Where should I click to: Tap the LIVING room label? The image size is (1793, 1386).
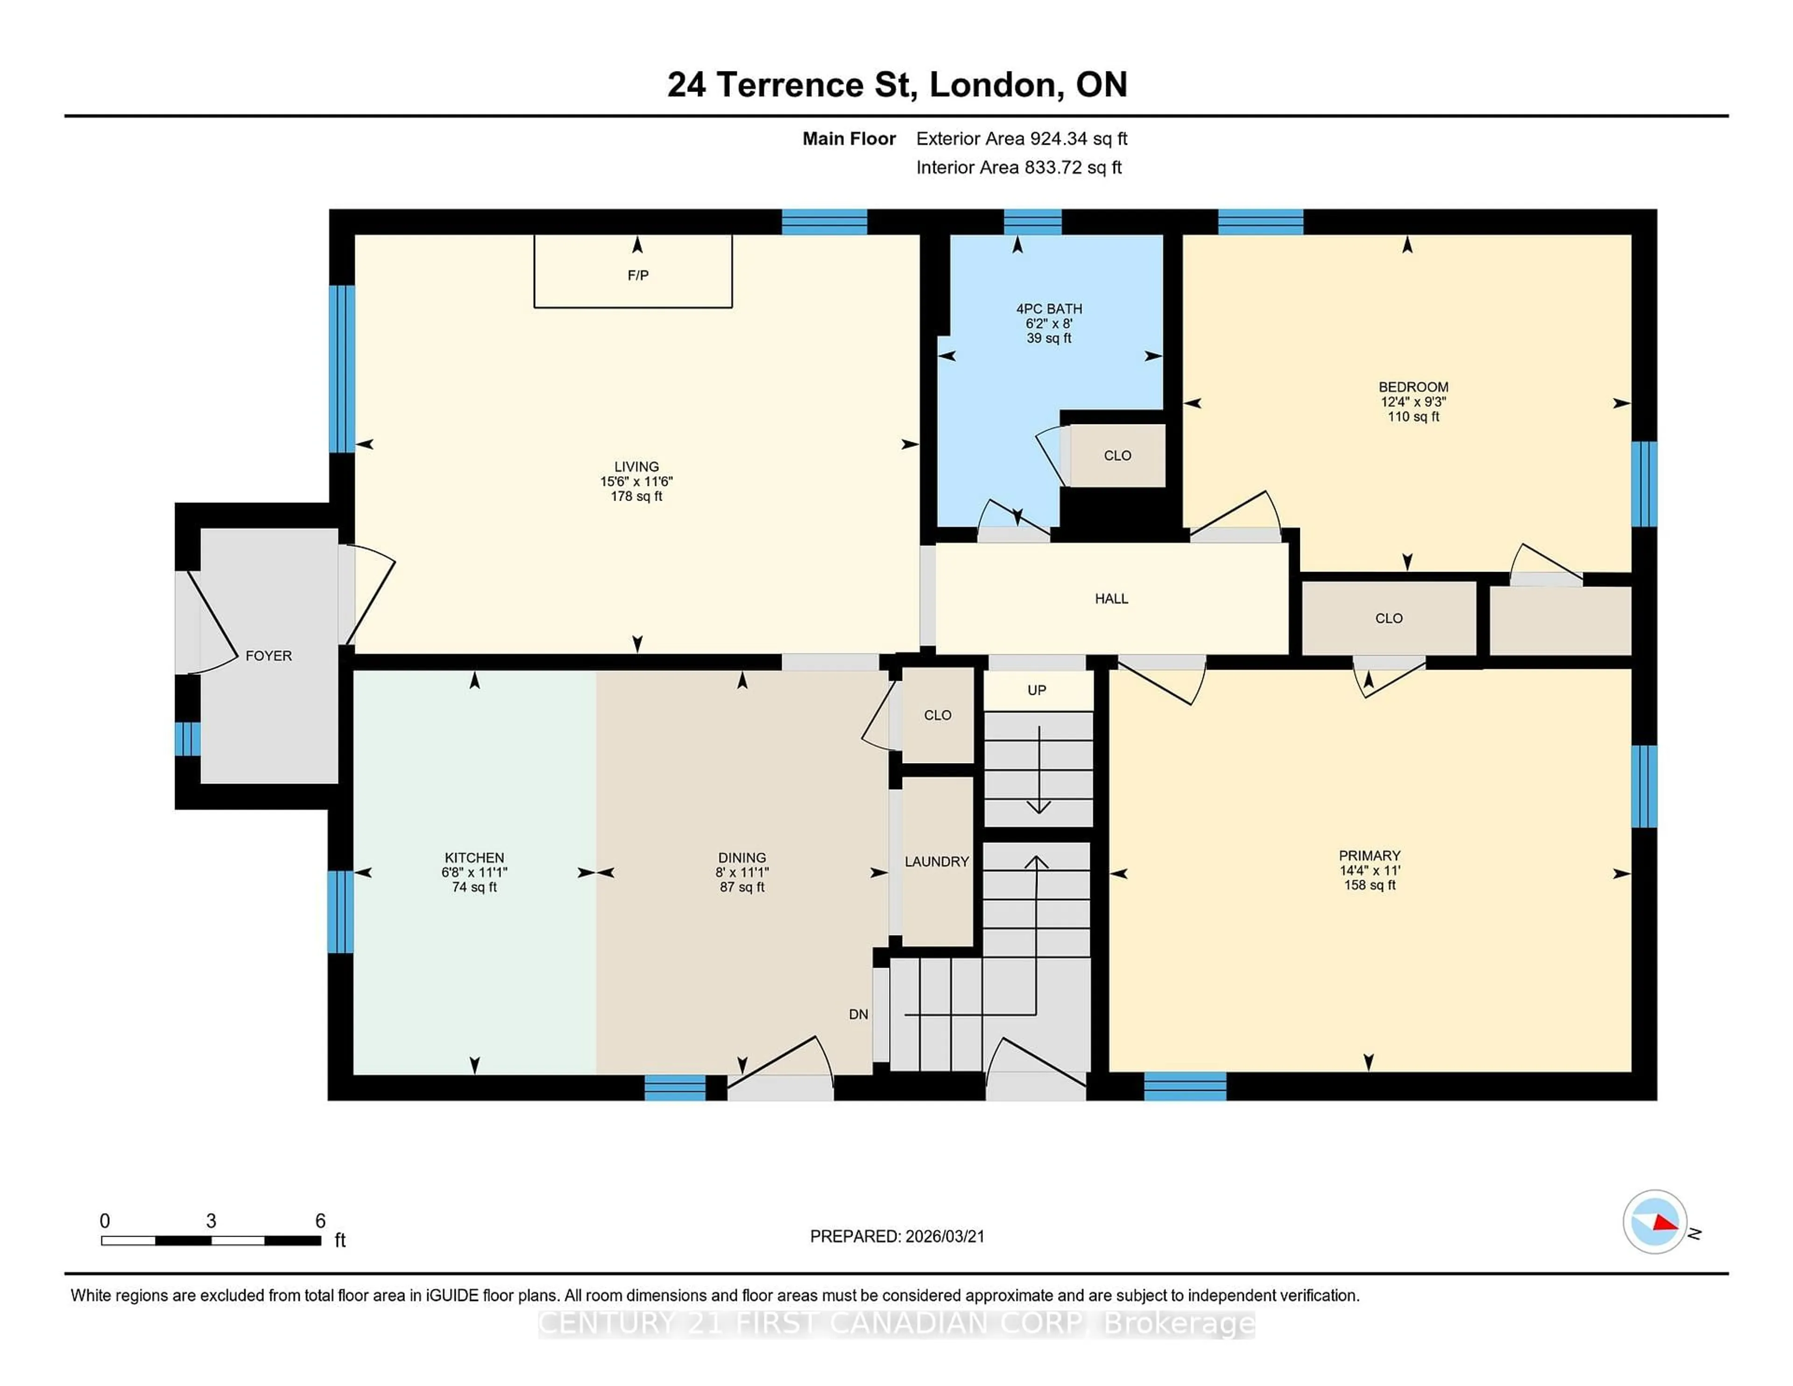[636, 467]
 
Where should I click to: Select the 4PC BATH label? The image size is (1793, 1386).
[1048, 309]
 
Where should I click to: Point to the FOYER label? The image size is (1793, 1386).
[268, 655]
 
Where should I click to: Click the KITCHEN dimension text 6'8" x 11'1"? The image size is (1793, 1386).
[474, 872]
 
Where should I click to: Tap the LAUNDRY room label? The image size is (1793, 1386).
[937, 861]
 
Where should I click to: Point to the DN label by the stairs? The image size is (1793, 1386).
[858, 1014]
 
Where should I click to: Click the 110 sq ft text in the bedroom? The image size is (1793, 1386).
[1413, 417]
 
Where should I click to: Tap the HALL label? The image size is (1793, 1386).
[1111, 599]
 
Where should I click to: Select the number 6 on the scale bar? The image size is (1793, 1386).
[320, 1221]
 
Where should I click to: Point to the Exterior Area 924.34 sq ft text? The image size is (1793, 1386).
[1021, 139]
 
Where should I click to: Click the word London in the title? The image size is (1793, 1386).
[992, 85]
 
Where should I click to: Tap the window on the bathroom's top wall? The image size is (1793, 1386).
[1032, 222]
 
